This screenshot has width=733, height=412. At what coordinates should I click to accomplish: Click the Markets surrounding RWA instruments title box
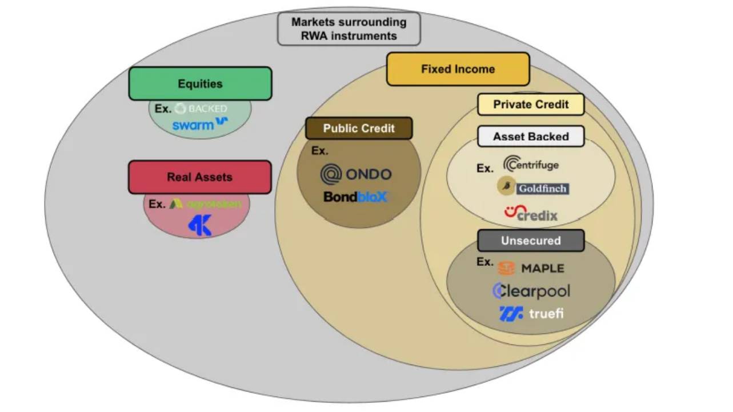[349, 29]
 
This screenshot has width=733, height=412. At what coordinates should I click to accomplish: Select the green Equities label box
[200, 83]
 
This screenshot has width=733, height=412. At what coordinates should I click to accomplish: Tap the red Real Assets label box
[199, 177]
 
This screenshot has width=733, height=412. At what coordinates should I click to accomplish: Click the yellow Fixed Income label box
[458, 69]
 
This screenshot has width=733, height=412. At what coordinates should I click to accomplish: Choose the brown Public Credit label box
[359, 128]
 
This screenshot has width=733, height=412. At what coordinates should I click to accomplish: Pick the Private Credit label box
[531, 105]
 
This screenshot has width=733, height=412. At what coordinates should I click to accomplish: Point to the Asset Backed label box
[531, 137]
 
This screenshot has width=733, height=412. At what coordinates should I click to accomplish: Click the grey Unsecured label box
[531, 241]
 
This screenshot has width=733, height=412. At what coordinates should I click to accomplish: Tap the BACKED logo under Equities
[201, 109]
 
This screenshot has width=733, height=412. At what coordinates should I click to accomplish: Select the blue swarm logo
[200, 124]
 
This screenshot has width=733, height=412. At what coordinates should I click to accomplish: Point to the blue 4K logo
[199, 226]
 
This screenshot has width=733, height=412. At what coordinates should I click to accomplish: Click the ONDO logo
[356, 174]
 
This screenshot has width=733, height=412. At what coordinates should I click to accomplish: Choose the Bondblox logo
[355, 197]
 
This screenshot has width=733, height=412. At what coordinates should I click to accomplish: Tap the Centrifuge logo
[531, 165]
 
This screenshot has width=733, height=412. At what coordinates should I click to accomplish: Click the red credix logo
[531, 214]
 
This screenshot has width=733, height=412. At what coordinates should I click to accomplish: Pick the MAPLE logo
[531, 268]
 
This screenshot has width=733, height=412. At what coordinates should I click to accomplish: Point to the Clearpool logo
[531, 291]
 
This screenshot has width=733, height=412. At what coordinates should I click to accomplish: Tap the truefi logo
[531, 314]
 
